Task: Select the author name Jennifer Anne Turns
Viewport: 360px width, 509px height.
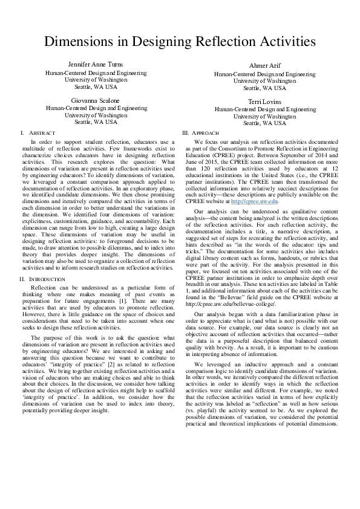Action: point(96,63)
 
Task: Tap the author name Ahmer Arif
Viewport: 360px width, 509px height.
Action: point(264,66)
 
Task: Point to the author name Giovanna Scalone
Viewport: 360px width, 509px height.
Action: point(96,100)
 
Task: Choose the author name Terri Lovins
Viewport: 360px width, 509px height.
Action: point(264,102)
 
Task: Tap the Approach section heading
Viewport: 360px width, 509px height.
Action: point(203,132)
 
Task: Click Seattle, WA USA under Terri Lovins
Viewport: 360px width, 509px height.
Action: point(264,123)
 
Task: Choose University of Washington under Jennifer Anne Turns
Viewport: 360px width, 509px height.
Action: point(96,79)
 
